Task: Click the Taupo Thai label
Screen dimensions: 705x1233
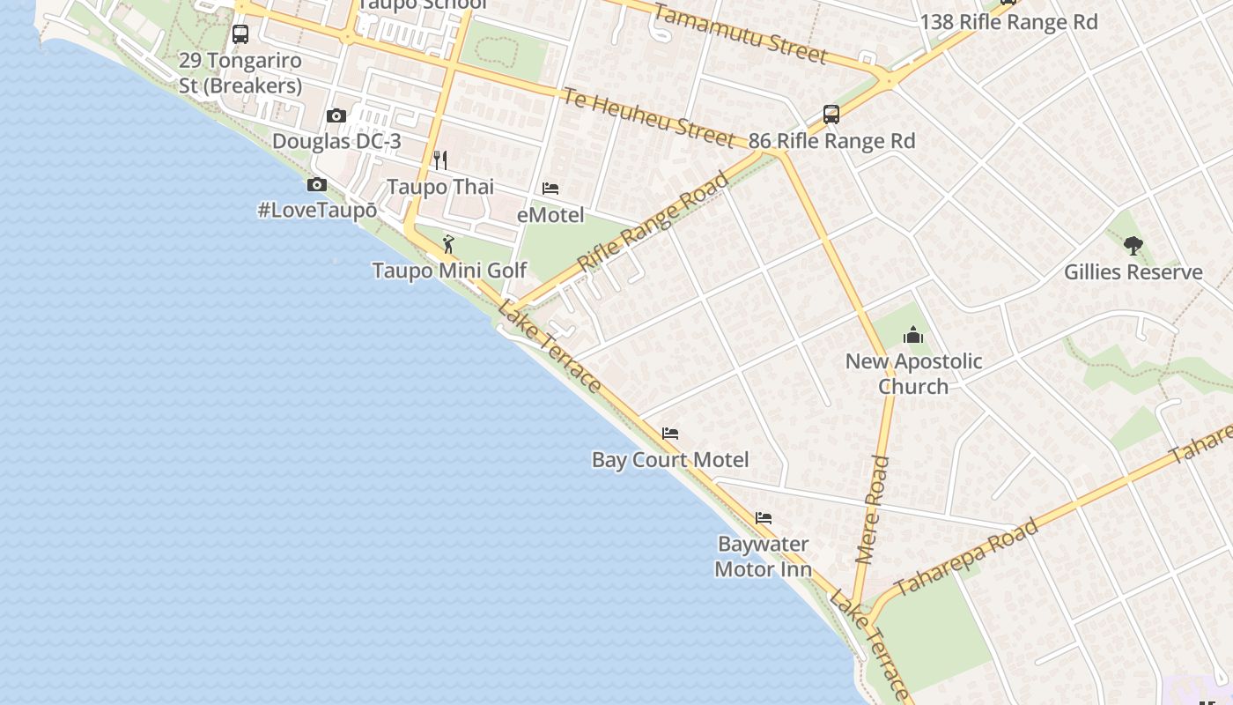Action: coord(440,187)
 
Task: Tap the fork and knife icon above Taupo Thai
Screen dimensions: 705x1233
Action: coord(440,160)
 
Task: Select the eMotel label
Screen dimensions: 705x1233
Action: coord(550,214)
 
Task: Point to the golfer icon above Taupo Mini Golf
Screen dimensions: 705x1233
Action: coord(448,244)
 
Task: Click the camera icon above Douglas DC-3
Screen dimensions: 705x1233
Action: coord(336,115)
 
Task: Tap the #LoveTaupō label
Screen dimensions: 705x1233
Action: coord(317,211)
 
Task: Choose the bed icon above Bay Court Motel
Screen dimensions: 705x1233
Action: coord(670,434)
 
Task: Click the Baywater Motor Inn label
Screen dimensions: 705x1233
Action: coord(763,556)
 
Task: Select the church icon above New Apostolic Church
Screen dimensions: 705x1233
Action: coord(913,335)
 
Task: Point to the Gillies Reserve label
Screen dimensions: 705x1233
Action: coord(1133,271)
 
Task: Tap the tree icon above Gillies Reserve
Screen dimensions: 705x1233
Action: coord(1133,246)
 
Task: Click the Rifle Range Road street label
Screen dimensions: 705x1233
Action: coord(653,221)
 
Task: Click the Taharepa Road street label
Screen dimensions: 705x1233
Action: coord(966,558)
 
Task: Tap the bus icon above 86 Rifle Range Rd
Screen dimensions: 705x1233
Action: coord(831,114)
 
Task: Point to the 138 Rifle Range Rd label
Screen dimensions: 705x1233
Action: coord(1008,22)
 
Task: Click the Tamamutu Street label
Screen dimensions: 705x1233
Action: coord(740,33)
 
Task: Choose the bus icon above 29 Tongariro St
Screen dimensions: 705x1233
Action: coord(240,34)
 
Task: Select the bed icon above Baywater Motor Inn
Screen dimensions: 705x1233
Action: coord(763,517)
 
